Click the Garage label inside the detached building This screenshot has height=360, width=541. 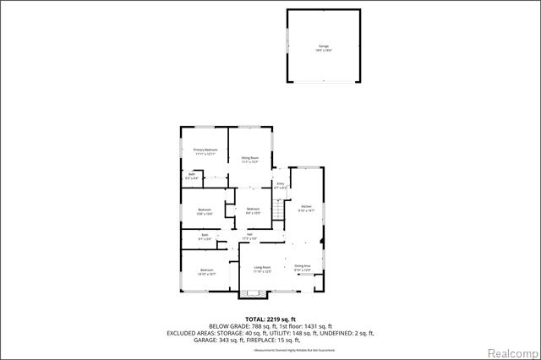[324, 46]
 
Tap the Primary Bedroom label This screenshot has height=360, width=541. [205, 150]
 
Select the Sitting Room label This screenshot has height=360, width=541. [250, 158]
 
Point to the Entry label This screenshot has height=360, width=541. [281, 183]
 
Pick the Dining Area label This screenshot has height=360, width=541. [303, 266]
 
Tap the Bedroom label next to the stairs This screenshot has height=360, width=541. [253, 209]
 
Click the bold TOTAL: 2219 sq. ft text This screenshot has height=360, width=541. [270, 319]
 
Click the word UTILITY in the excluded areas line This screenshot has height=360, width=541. [275, 333]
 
